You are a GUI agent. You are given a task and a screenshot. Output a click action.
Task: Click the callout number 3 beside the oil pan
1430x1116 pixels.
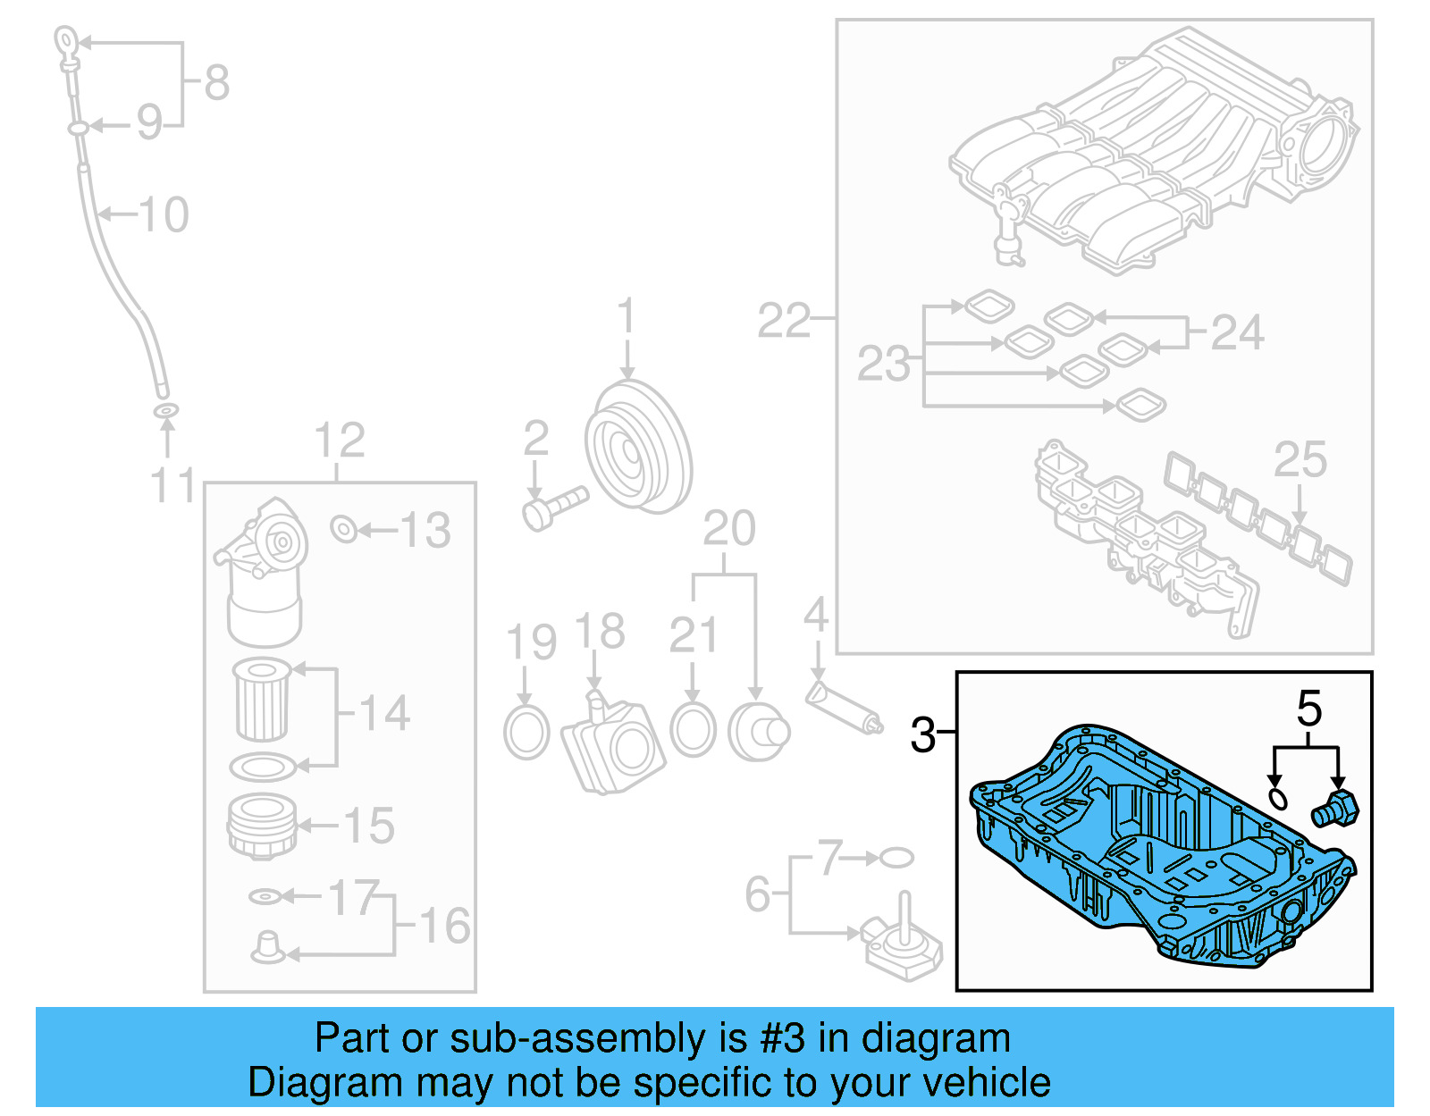tap(922, 734)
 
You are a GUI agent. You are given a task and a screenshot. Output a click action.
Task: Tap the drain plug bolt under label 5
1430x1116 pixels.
tap(1334, 809)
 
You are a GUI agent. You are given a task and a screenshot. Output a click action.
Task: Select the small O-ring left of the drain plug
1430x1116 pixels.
tap(1278, 797)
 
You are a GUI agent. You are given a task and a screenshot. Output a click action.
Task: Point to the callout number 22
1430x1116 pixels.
tap(784, 320)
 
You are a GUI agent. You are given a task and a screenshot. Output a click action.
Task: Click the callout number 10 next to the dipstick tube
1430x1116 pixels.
tap(164, 214)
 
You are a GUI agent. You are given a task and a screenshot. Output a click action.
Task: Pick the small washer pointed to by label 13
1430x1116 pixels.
tap(343, 529)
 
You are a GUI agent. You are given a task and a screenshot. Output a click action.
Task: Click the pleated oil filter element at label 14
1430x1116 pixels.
tap(263, 700)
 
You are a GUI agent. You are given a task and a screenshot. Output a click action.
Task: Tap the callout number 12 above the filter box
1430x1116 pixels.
tap(340, 440)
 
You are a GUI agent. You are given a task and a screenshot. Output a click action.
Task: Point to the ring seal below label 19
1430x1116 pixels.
tap(526, 732)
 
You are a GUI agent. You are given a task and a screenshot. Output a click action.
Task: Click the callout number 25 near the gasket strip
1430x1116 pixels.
tap(1300, 459)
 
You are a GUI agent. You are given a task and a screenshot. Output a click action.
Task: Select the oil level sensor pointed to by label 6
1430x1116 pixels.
tap(903, 947)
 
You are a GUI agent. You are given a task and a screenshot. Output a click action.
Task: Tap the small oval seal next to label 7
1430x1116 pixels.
tap(896, 858)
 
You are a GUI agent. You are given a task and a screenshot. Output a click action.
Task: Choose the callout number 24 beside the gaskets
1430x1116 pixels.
tap(1237, 332)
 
